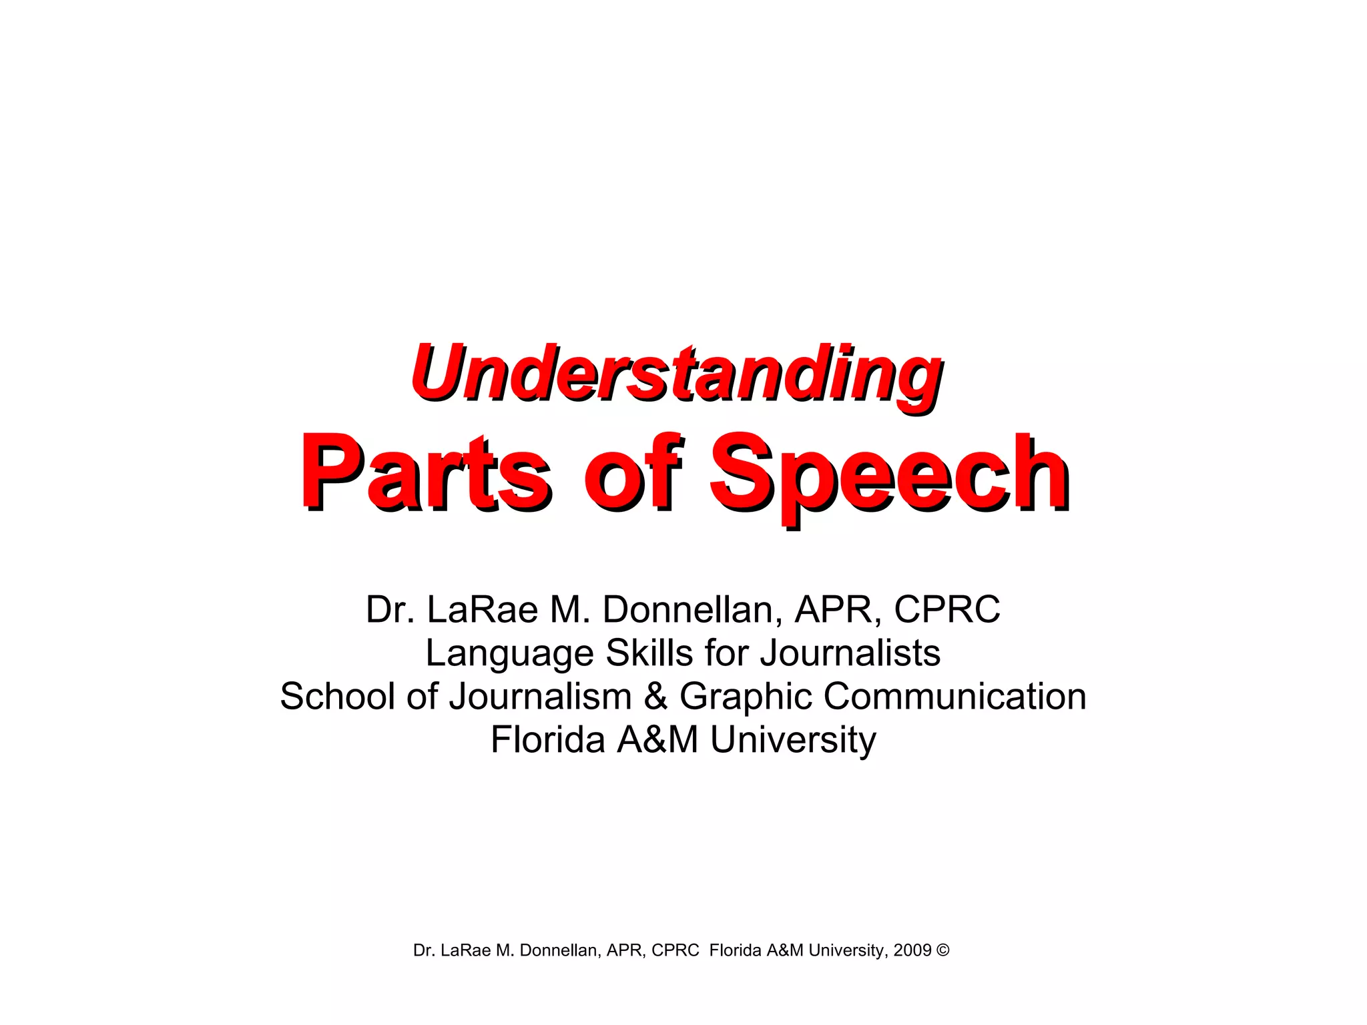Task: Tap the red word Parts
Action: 426,472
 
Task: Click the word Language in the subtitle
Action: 509,653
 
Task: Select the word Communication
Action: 954,696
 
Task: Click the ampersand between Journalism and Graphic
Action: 656,696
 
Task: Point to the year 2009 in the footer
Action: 912,950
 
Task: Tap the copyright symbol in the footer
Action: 942,950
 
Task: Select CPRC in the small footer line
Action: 675,950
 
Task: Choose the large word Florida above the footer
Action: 547,739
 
